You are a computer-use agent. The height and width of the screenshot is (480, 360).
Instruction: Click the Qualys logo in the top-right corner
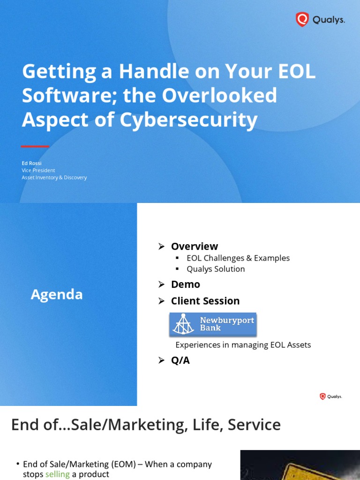click(x=320, y=20)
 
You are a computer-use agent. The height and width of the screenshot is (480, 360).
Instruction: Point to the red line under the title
click(x=35, y=147)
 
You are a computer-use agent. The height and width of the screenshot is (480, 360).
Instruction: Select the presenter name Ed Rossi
click(x=31, y=163)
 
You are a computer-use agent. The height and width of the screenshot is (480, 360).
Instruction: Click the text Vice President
click(x=38, y=170)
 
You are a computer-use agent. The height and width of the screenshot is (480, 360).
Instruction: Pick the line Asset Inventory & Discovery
click(x=54, y=178)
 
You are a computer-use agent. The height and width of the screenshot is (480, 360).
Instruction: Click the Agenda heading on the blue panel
click(x=57, y=294)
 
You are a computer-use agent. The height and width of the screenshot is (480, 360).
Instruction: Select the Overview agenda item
click(x=194, y=247)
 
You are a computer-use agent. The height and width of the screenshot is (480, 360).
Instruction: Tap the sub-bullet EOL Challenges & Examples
click(x=238, y=258)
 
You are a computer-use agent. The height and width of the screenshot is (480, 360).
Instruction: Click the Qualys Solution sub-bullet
click(x=216, y=269)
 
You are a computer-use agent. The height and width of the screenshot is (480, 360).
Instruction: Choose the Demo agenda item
click(x=185, y=285)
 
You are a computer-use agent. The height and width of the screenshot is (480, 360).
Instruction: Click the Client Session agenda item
click(x=205, y=301)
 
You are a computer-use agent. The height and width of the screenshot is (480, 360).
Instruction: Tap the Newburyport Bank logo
click(x=213, y=324)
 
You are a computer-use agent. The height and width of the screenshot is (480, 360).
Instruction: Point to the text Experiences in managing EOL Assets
click(x=243, y=345)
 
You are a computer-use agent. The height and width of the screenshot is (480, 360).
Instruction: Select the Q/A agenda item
click(x=180, y=360)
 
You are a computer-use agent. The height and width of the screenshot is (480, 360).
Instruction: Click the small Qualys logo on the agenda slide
click(x=330, y=397)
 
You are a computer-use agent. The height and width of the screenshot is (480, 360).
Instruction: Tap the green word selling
click(x=57, y=474)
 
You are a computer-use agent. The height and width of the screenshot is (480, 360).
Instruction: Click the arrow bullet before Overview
click(x=161, y=247)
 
